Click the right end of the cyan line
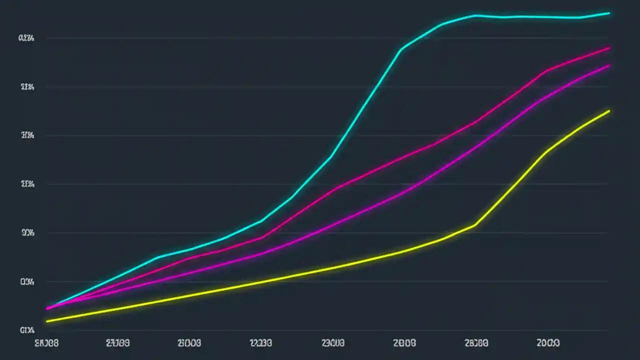click(609, 13)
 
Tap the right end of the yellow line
click(609, 111)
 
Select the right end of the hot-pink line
click(609, 48)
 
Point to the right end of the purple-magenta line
click(609, 65)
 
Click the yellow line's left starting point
click(46, 321)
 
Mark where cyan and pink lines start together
click(47, 308)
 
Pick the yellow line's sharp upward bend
click(474, 225)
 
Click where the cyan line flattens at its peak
click(474, 15)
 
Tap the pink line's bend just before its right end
click(546, 70)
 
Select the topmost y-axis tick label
click(26, 38)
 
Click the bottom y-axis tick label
click(26, 330)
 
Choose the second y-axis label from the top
click(26, 87)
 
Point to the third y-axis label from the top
click(26, 135)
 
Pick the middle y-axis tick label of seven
click(26, 184)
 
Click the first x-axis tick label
click(46, 343)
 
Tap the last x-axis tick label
click(548, 343)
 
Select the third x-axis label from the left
click(189, 343)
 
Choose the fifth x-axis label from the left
click(333, 343)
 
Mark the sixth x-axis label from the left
click(404, 343)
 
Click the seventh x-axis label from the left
click(476, 343)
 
